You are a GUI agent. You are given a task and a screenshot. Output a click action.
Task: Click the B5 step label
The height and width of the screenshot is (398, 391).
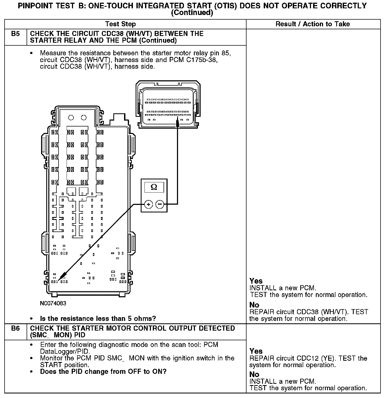coord(16,34)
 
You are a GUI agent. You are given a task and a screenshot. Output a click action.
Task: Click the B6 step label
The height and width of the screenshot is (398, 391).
coord(16,328)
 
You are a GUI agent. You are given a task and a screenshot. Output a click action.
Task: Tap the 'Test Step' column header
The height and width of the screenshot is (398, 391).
coord(121,24)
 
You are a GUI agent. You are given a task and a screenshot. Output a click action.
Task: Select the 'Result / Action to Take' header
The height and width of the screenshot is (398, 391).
coord(313,24)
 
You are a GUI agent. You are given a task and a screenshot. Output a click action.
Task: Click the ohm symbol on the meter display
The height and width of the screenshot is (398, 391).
coord(154,187)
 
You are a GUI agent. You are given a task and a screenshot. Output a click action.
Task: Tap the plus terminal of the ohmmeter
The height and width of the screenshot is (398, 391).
coord(149,205)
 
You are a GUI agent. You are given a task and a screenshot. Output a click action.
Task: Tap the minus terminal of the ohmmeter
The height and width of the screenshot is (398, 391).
coord(160,205)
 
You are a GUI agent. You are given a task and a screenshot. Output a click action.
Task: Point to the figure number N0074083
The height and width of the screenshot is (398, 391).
coord(53,303)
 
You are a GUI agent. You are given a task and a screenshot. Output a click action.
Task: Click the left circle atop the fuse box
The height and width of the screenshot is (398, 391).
coord(71,118)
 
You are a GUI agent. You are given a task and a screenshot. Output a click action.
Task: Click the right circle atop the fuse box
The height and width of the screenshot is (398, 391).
coord(84,118)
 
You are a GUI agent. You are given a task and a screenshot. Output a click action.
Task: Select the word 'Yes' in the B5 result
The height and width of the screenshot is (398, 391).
coord(256,281)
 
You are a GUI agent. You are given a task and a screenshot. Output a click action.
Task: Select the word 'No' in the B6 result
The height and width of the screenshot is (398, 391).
coord(254,374)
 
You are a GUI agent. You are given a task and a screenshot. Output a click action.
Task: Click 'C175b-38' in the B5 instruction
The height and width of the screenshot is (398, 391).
coord(202,60)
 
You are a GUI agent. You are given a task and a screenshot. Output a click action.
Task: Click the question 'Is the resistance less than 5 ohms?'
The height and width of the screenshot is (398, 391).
coord(98,319)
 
